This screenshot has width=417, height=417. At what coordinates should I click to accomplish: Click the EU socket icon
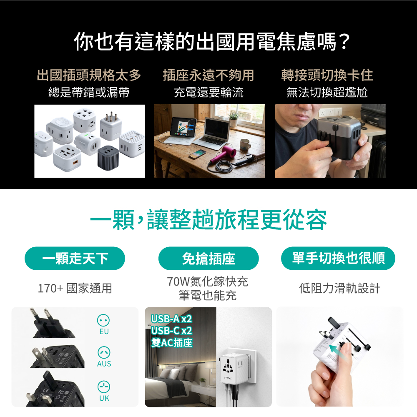103,320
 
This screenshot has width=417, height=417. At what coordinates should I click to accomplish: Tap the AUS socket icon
104,353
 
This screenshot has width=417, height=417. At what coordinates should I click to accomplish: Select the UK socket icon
104,387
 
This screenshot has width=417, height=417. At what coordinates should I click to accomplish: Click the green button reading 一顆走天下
75,259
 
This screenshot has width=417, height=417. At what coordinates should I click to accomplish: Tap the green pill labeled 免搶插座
208,259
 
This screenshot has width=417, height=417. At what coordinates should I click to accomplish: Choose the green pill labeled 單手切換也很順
338,259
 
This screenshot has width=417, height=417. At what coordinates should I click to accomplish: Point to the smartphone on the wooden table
197,154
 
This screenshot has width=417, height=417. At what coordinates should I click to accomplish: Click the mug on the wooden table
245,146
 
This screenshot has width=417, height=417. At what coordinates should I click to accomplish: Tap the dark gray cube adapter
108,158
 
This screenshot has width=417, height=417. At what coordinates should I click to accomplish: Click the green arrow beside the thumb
338,353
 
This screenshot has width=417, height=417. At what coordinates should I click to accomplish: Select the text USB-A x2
171,319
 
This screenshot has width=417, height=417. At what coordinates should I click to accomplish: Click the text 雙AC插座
171,342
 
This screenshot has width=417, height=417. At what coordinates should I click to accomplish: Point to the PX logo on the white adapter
228,378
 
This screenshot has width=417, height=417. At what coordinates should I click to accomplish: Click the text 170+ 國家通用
75,288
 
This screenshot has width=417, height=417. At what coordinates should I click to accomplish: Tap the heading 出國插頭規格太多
89,75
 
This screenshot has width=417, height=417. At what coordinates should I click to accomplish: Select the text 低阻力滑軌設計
339,288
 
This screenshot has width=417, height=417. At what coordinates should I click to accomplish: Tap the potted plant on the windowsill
234,119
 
